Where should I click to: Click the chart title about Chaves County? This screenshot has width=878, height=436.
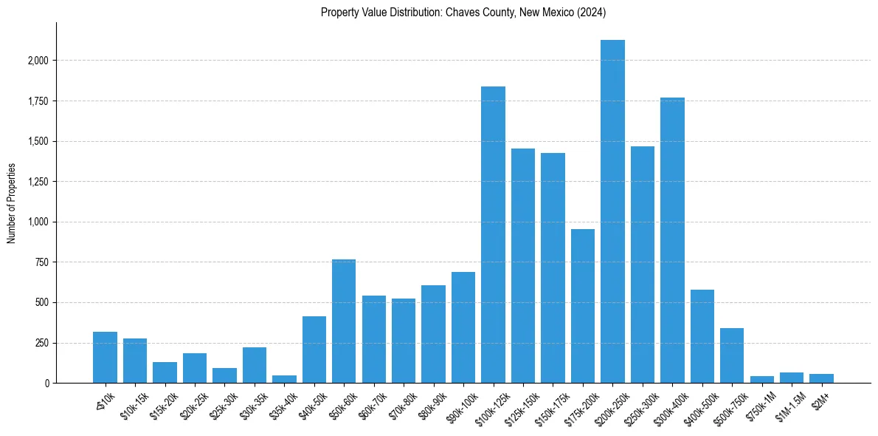[x=463, y=12]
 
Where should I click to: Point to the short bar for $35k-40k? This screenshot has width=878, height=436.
[x=284, y=379]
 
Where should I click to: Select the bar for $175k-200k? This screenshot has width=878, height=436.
[x=583, y=306]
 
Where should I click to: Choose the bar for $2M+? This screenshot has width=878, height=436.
[x=821, y=378]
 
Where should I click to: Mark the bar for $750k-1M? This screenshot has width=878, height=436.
[x=761, y=379]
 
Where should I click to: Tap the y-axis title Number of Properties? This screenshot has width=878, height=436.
[x=12, y=202]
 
